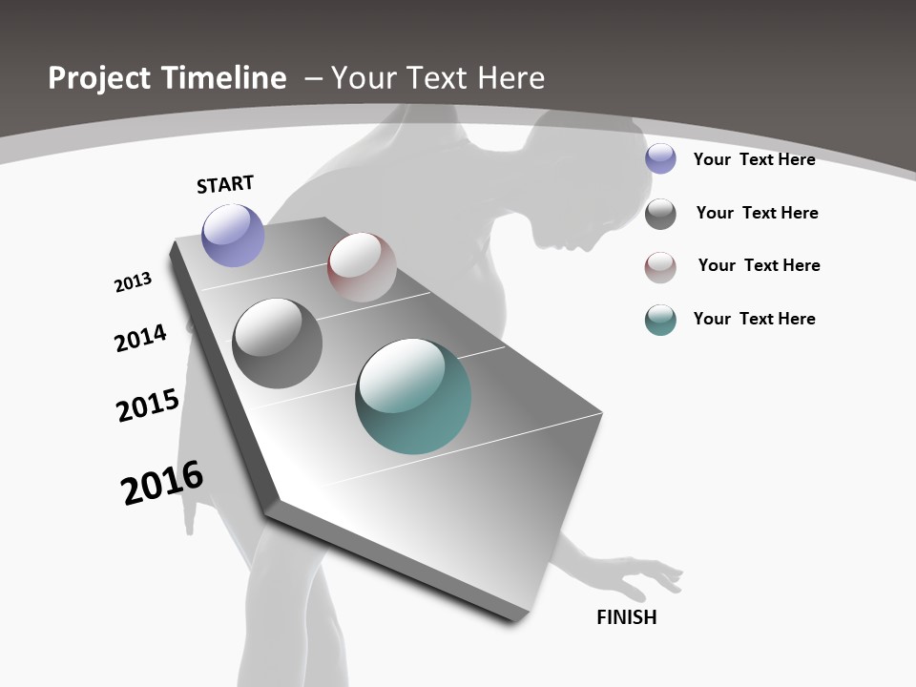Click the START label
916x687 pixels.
(x=225, y=184)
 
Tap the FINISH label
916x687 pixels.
(x=627, y=617)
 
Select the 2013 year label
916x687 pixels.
(x=133, y=282)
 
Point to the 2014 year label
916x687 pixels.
(x=140, y=338)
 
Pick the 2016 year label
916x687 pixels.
(x=162, y=482)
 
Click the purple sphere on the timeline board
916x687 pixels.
(x=233, y=235)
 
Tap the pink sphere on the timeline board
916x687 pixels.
(x=362, y=267)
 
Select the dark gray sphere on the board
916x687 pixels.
(x=277, y=343)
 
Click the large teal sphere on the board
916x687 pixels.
(x=413, y=396)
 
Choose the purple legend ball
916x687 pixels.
(x=660, y=158)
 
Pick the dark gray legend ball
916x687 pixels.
(x=660, y=214)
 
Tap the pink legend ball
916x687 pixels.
(x=660, y=267)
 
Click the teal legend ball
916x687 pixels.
(x=660, y=320)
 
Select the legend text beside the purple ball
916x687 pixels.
(x=754, y=159)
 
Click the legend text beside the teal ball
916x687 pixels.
(x=754, y=319)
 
